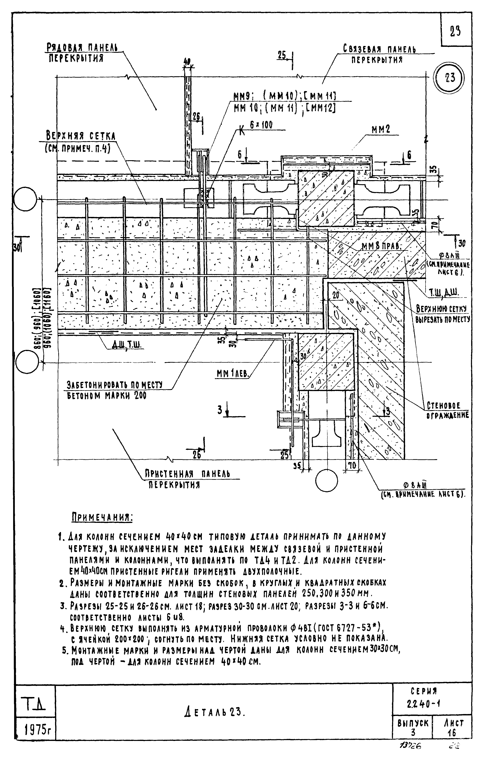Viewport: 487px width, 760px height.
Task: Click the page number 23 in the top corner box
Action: tap(455, 32)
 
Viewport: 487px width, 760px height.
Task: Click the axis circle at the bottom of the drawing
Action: tap(326, 480)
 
